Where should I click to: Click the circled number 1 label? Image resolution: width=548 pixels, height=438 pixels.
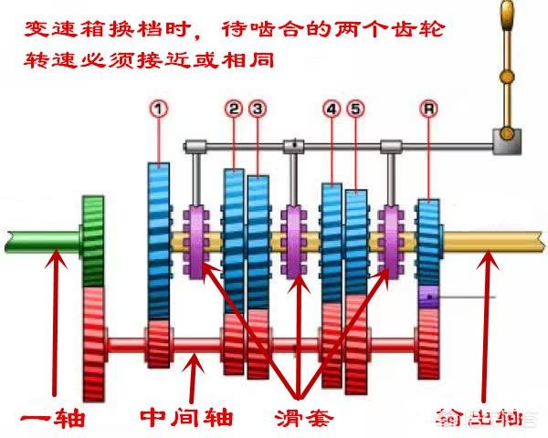click(x=160, y=109)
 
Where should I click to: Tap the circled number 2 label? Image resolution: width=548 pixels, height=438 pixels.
click(x=235, y=109)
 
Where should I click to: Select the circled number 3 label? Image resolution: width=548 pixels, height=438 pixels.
click(x=259, y=109)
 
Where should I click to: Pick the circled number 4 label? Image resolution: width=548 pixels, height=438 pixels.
click(x=331, y=109)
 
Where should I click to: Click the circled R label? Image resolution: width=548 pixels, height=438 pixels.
click(x=427, y=109)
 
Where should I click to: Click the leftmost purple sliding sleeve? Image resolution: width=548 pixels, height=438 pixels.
click(x=197, y=239)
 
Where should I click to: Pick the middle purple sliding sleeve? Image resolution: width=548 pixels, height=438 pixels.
click(x=294, y=239)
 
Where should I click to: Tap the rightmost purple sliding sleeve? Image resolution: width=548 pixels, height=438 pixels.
click(x=391, y=239)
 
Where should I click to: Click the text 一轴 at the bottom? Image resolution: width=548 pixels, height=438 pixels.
click(x=54, y=418)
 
